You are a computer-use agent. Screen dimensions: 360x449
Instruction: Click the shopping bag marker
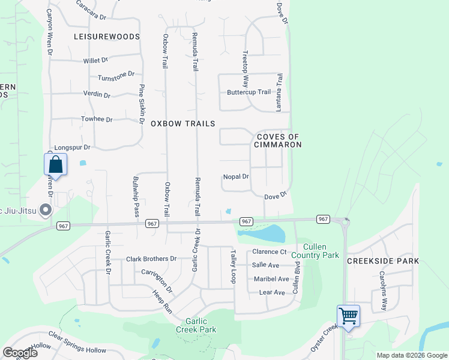(55, 165)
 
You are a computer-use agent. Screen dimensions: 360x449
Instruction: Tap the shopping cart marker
(348, 316)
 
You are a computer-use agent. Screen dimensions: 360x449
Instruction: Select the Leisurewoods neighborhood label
(106, 37)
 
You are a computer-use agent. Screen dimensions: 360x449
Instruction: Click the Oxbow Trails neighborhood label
(182, 124)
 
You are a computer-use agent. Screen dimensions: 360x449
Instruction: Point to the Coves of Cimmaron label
(279, 140)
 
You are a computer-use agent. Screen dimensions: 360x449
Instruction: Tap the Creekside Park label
(384, 261)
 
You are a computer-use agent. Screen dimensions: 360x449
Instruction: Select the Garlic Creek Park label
(196, 325)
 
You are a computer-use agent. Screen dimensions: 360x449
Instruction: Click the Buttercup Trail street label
(249, 92)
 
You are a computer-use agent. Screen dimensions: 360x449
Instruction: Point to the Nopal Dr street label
(236, 176)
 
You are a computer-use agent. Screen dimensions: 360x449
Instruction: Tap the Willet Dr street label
(96, 60)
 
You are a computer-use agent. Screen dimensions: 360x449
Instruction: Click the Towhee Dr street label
(97, 119)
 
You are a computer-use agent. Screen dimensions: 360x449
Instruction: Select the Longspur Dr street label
(72, 147)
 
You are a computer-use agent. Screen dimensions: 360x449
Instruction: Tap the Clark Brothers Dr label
(151, 259)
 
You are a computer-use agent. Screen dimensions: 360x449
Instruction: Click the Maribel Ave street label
(271, 279)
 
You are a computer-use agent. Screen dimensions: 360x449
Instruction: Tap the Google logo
(19, 353)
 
